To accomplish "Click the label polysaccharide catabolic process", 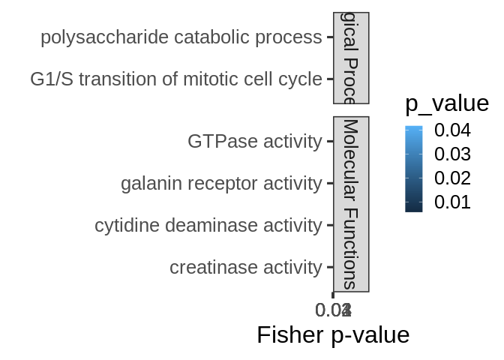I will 181,37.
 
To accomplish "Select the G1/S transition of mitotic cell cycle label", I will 175,79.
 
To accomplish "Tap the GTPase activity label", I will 254,141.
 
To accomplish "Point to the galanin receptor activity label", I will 220,183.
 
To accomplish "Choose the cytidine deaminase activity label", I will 208,225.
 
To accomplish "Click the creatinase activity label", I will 245,267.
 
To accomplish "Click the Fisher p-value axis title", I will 333,334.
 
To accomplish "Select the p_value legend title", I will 447,103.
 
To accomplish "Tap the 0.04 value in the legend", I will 452,130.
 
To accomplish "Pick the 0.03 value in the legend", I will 452,154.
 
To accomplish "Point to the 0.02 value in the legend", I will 452,178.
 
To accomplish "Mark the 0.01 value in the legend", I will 452,202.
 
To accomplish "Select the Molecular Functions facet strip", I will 350,204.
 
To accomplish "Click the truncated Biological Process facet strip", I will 350,58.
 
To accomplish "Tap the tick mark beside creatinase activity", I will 329,267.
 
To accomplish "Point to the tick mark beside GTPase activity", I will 329,141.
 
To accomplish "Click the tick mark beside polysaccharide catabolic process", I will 329,37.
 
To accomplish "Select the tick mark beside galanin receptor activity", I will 329,183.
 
